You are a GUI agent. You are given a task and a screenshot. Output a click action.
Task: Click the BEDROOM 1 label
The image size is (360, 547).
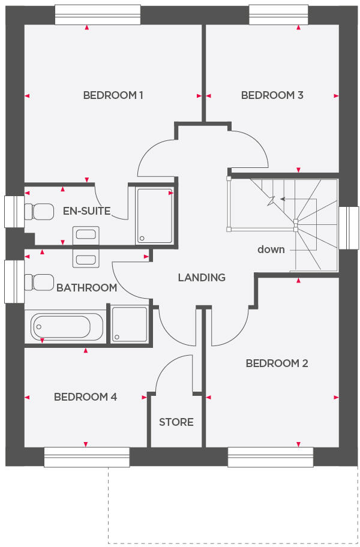pos(113,95)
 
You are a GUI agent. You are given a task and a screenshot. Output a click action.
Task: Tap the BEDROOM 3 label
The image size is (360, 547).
pos(272,95)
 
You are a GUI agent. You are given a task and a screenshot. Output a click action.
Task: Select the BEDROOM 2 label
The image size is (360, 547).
pos(277,363)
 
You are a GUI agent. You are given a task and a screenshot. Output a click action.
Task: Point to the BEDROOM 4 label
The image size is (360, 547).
pos(85,397)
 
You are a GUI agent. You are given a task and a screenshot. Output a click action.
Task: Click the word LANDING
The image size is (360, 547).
pos(202,277)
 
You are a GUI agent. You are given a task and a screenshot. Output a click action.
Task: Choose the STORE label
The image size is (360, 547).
pos(176,422)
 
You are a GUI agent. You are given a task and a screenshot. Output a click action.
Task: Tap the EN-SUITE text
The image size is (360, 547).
pos(86,211)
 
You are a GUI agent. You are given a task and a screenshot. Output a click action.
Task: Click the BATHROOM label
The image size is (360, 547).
pos(86,288)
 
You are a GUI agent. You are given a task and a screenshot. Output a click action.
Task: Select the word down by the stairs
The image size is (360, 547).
pos(271,250)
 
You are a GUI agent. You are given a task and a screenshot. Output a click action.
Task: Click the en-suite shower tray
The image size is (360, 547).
pos(155,215)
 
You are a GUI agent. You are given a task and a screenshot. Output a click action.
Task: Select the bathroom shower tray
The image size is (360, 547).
pos(130,324)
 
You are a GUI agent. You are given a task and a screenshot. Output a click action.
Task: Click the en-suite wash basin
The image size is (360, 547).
pos(85,235)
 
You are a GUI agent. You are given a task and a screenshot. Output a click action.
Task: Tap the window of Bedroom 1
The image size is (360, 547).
pos(98,15)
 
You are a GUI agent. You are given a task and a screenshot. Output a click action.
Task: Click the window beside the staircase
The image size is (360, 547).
pos(349,227)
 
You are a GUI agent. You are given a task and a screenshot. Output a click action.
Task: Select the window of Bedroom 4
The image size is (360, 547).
pos(87,457)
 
